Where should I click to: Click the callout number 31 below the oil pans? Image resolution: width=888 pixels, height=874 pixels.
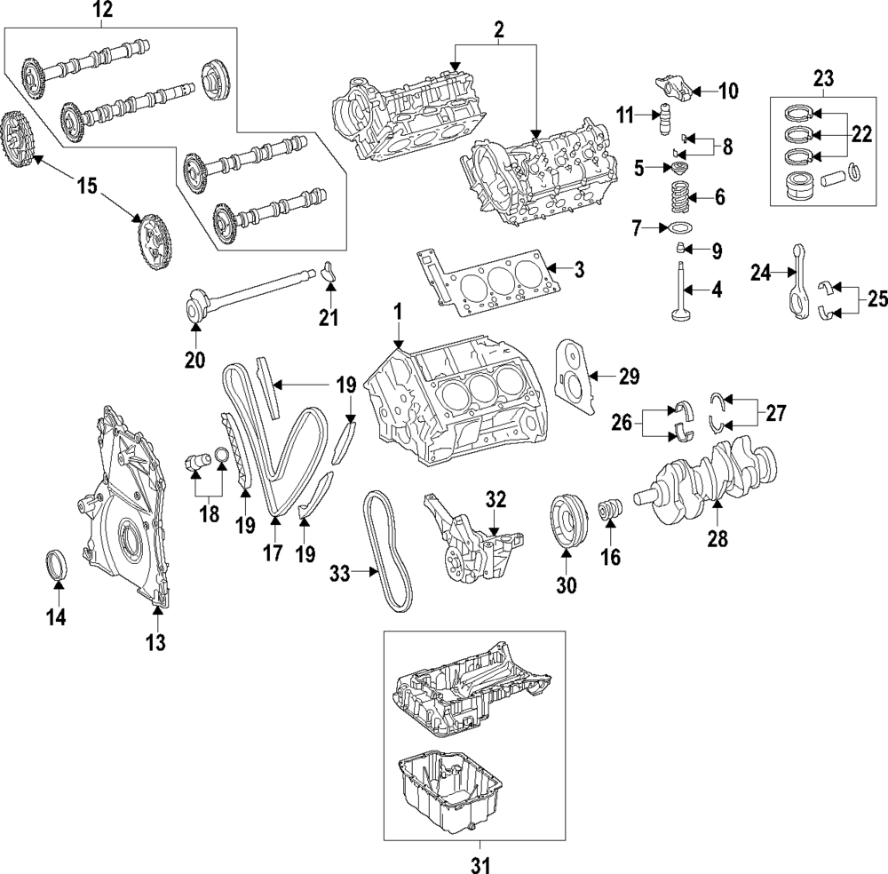click(x=480, y=862)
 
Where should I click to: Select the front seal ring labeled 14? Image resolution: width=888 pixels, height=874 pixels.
click(x=57, y=566)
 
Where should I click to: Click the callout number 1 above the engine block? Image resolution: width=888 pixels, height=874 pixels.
click(x=399, y=312)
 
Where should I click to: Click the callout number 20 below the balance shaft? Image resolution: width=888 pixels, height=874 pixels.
click(x=194, y=360)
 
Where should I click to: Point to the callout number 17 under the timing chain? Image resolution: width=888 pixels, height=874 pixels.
click(x=273, y=552)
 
